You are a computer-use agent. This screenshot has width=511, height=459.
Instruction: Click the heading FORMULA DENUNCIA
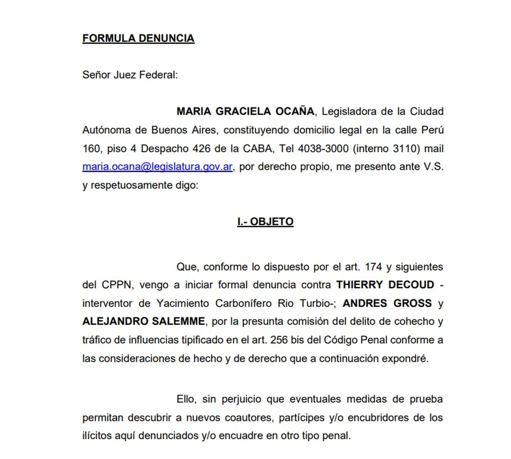coord(138,38)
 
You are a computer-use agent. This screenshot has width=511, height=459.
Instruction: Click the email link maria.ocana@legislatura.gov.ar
coord(158,167)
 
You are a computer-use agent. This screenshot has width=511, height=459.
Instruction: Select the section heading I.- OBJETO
coord(265,222)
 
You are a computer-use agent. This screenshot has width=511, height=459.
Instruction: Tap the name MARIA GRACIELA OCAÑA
coord(245,112)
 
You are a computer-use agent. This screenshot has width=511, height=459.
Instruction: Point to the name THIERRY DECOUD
coord(385,285)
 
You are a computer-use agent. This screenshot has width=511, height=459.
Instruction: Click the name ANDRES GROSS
coord(387,303)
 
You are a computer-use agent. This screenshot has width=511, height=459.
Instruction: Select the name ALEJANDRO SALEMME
coord(144,321)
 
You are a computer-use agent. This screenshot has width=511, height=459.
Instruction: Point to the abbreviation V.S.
coord(433,167)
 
